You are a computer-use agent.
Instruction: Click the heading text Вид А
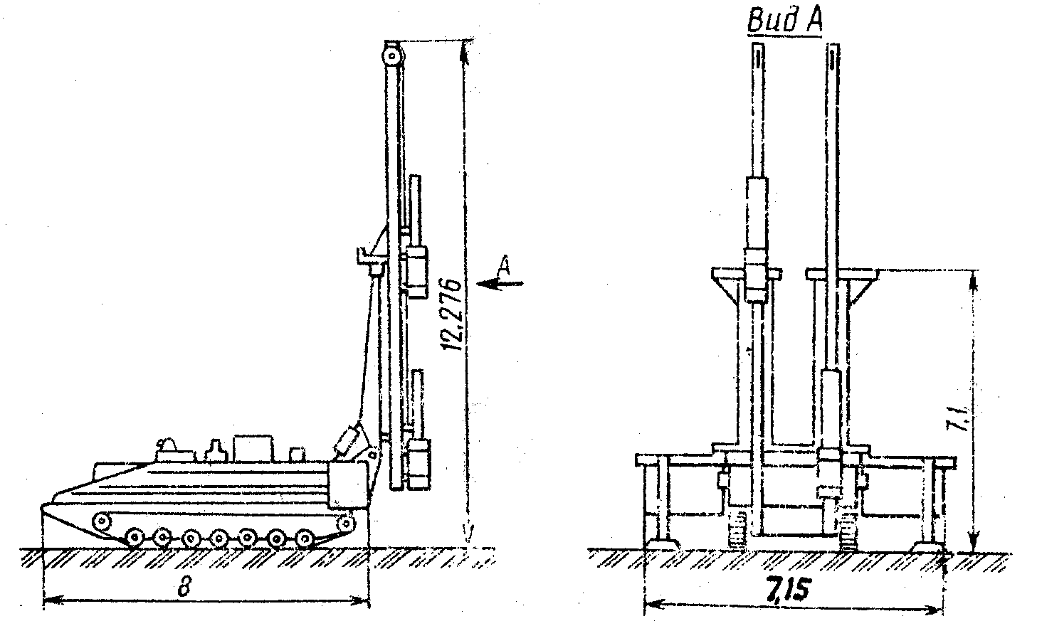(784, 21)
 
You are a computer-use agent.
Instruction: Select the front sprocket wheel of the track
(346, 523)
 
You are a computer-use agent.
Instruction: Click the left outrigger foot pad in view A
(661, 544)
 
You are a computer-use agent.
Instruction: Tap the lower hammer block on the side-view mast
(417, 462)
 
